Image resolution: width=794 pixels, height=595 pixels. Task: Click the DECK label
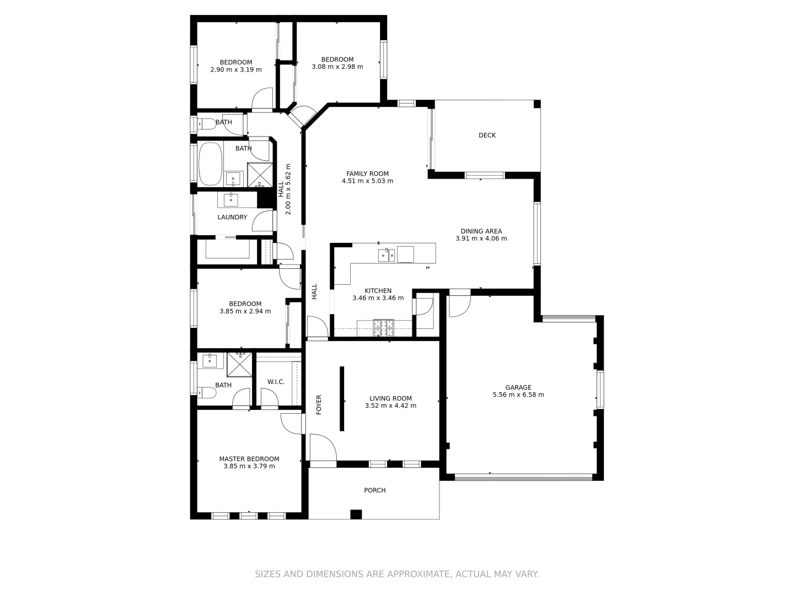click(x=487, y=135)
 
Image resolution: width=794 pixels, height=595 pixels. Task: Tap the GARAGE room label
click(x=518, y=387)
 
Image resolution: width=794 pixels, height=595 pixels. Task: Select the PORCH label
click(x=374, y=490)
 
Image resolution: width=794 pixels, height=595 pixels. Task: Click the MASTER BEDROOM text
click(x=249, y=459)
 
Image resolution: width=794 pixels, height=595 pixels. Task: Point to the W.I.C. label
click(x=276, y=382)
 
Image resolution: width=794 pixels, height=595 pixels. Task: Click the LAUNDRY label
click(x=232, y=217)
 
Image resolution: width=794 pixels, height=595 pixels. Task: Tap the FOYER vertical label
click(x=319, y=405)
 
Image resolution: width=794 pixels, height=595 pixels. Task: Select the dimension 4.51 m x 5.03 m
click(x=367, y=181)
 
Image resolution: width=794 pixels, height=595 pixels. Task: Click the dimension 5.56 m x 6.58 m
click(x=518, y=394)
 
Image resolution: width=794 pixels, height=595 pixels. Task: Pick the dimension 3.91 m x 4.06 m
click(x=481, y=239)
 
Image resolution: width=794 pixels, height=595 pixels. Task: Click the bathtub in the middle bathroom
click(x=210, y=164)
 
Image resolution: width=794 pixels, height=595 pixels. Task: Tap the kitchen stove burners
click(x=384, y=328)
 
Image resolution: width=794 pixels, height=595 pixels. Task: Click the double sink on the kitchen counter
click(x=386, y=255)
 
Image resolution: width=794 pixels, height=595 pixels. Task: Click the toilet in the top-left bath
click(x=207, y=124)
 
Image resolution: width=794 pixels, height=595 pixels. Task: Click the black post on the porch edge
click(x=356, y=514)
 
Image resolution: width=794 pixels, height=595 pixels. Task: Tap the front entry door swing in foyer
click(x=323, y=447)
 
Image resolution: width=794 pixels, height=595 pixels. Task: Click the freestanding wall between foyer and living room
click(x=342, y=398)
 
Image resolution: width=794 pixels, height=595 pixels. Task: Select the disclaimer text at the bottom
click(x=396, y=574)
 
